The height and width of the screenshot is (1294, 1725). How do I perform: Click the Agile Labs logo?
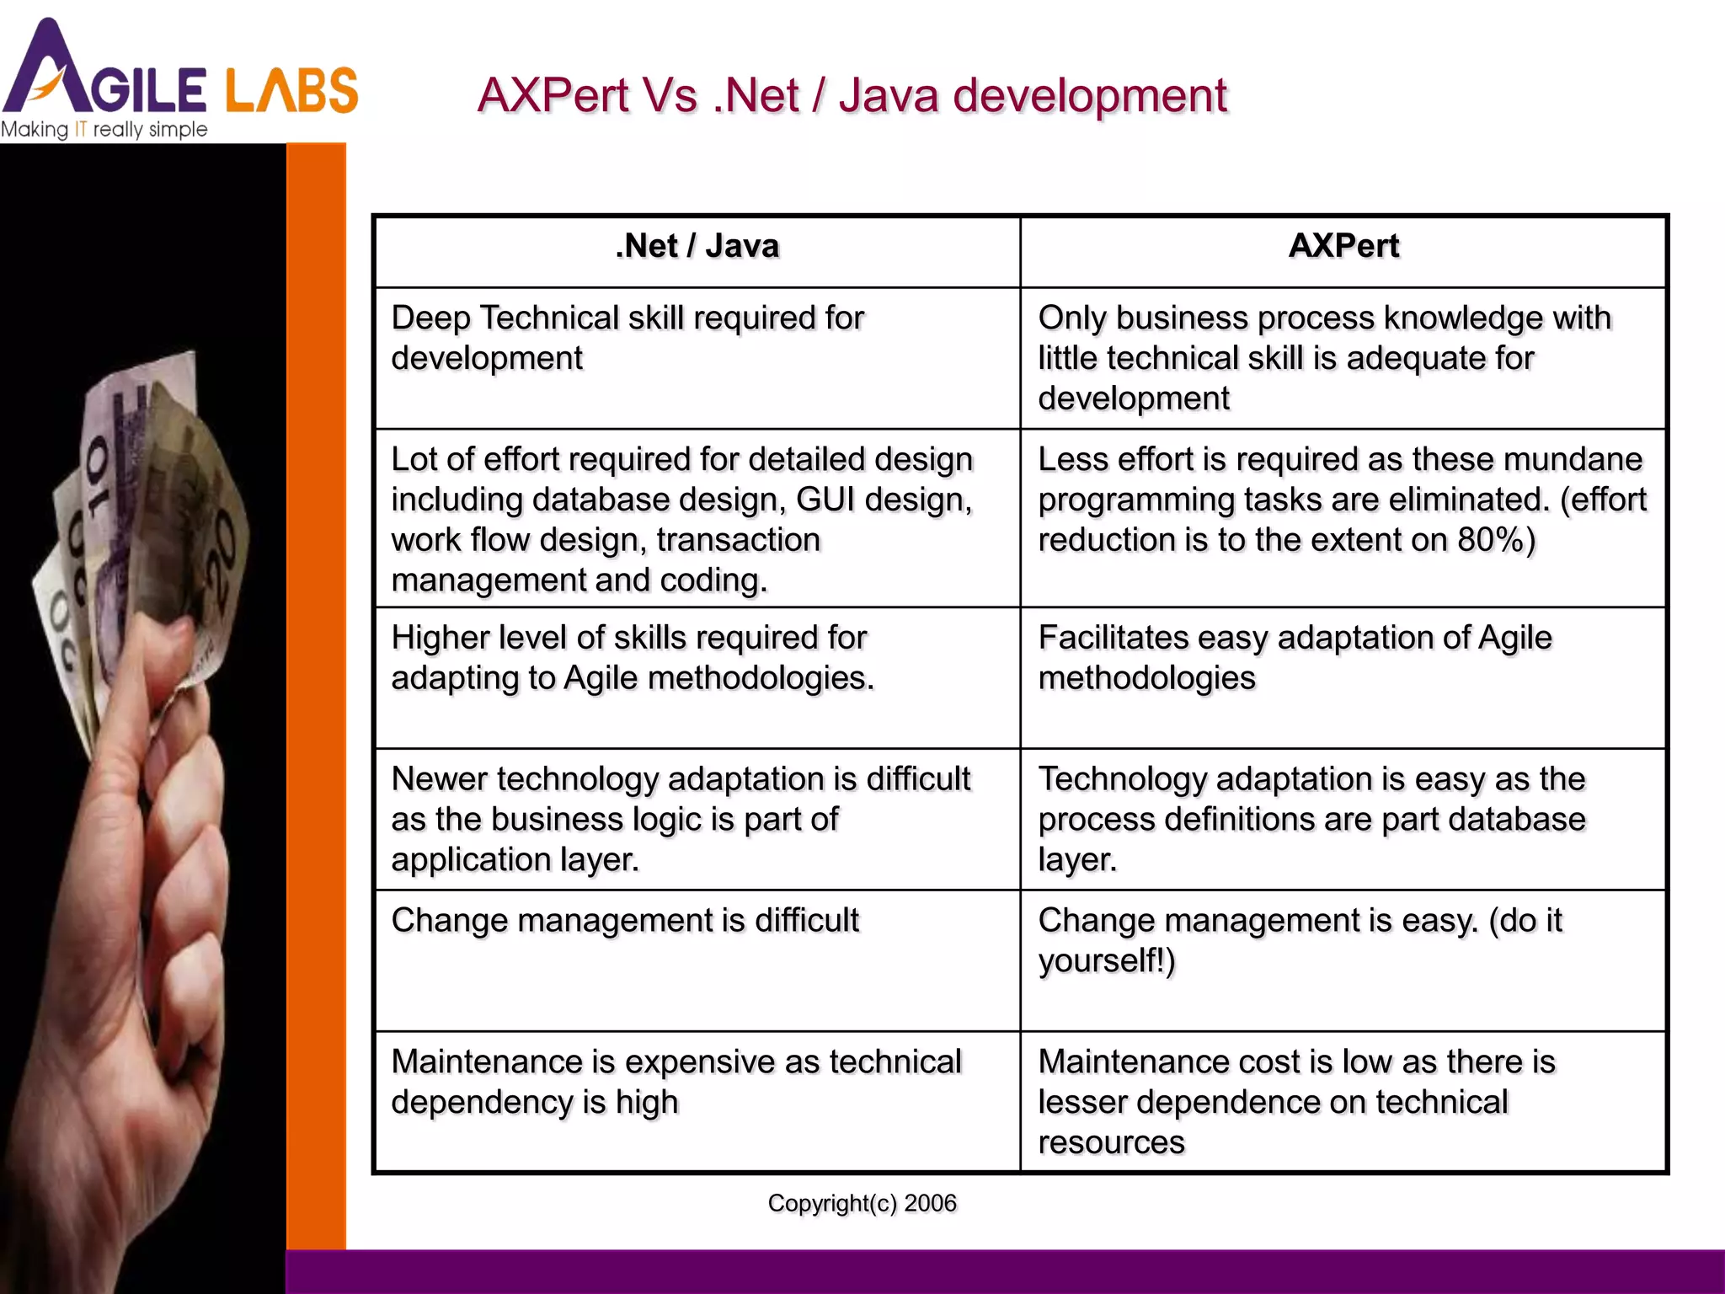click(x=179, y=72)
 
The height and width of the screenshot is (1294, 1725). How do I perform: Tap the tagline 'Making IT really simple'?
click(x=104, y=130)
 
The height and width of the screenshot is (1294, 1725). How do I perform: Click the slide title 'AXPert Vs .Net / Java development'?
click(x=852, y=95)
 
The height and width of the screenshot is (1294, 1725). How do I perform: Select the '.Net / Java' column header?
click(x=697, y=246)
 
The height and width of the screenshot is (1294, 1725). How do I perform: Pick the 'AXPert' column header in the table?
click(x=1343, y=246)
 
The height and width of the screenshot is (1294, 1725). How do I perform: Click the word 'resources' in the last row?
click(x=1111, y=1142)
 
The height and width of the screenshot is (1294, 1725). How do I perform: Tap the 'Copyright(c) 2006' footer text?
click(x=862, y=1203)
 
